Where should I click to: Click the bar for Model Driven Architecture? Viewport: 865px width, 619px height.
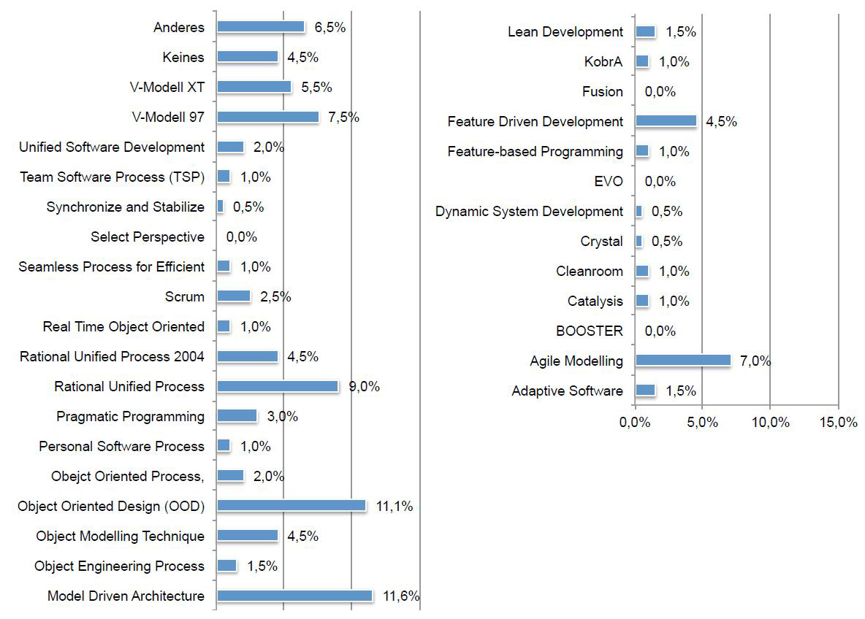(294, 596)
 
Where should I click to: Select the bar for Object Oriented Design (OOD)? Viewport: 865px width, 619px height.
(291, 506)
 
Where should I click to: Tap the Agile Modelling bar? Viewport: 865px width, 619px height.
(683, 361)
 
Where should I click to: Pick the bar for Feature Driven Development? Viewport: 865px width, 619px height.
(666, 121)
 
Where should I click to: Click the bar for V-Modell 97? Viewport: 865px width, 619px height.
(268, 117)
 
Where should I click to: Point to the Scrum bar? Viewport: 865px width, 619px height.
(234, 296)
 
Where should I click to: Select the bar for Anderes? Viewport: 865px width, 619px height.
(261, 27)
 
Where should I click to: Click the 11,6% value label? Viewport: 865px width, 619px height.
(401, 596)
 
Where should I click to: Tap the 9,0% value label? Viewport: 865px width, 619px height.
(364, 386)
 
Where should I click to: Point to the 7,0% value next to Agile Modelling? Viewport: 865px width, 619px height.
(755, 361)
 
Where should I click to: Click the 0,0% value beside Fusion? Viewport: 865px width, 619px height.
(660, 91)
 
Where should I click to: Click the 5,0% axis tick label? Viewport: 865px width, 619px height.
(702, 423)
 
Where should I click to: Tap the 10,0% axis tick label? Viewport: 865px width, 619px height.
(770, 423)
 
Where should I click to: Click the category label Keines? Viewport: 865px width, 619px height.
(184, 57)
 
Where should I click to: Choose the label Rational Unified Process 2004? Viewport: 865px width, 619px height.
(113, 356)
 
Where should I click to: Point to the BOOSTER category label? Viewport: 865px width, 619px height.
(590, 331)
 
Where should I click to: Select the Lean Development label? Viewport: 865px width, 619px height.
(565, 31)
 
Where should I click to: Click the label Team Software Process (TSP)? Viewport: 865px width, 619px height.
(113, 177)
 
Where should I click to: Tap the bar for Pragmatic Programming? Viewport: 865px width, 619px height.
(237, 416)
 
